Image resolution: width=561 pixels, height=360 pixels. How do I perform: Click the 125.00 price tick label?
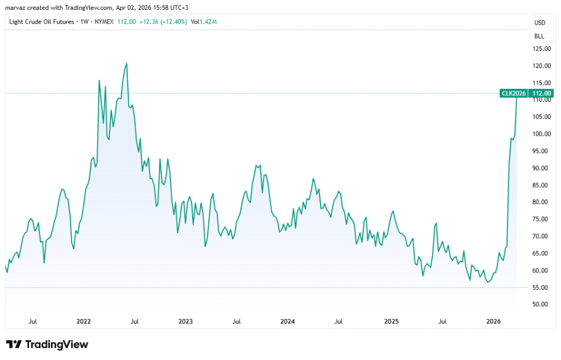[x=541, y=49]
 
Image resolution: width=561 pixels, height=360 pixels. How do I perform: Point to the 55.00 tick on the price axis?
[x=541, y=288]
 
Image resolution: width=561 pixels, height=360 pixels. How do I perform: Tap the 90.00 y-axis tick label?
[x=541, y=168]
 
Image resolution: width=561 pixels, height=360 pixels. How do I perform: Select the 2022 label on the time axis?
[x=84, y=321]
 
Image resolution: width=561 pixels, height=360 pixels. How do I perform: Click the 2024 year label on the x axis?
[x=288, y=321]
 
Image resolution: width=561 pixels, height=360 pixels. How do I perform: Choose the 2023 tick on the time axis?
[x=186, y=321]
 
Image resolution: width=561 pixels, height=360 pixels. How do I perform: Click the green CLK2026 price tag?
[x=513, y=93]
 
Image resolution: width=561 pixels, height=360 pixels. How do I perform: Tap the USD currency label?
[x=540, y=22]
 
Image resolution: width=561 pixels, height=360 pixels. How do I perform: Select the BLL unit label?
[x=540, y=36]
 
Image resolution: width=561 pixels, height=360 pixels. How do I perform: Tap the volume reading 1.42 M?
[x=208, y=22]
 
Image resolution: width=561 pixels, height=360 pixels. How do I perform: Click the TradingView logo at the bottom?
[x=47, y=344]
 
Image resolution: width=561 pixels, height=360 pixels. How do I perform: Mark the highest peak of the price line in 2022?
[x=127, y=64]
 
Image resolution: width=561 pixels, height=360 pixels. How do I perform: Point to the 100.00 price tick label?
[x=541, y=134]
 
